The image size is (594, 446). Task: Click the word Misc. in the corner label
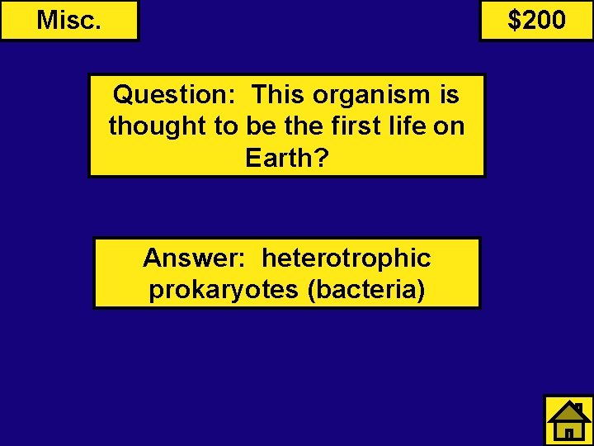tap(69, 20)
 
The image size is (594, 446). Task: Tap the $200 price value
tap(536, 20)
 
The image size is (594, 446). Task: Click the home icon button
tap(568, 420)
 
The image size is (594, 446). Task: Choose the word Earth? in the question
tap(286, 158)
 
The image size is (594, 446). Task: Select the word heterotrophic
tap(346, 259)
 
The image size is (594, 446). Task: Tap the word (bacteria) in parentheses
tap(365, 290)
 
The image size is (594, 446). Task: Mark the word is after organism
tap(450, 95)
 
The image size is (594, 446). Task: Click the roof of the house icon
tap(568, 410)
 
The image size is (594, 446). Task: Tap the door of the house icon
tap(569, 432)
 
